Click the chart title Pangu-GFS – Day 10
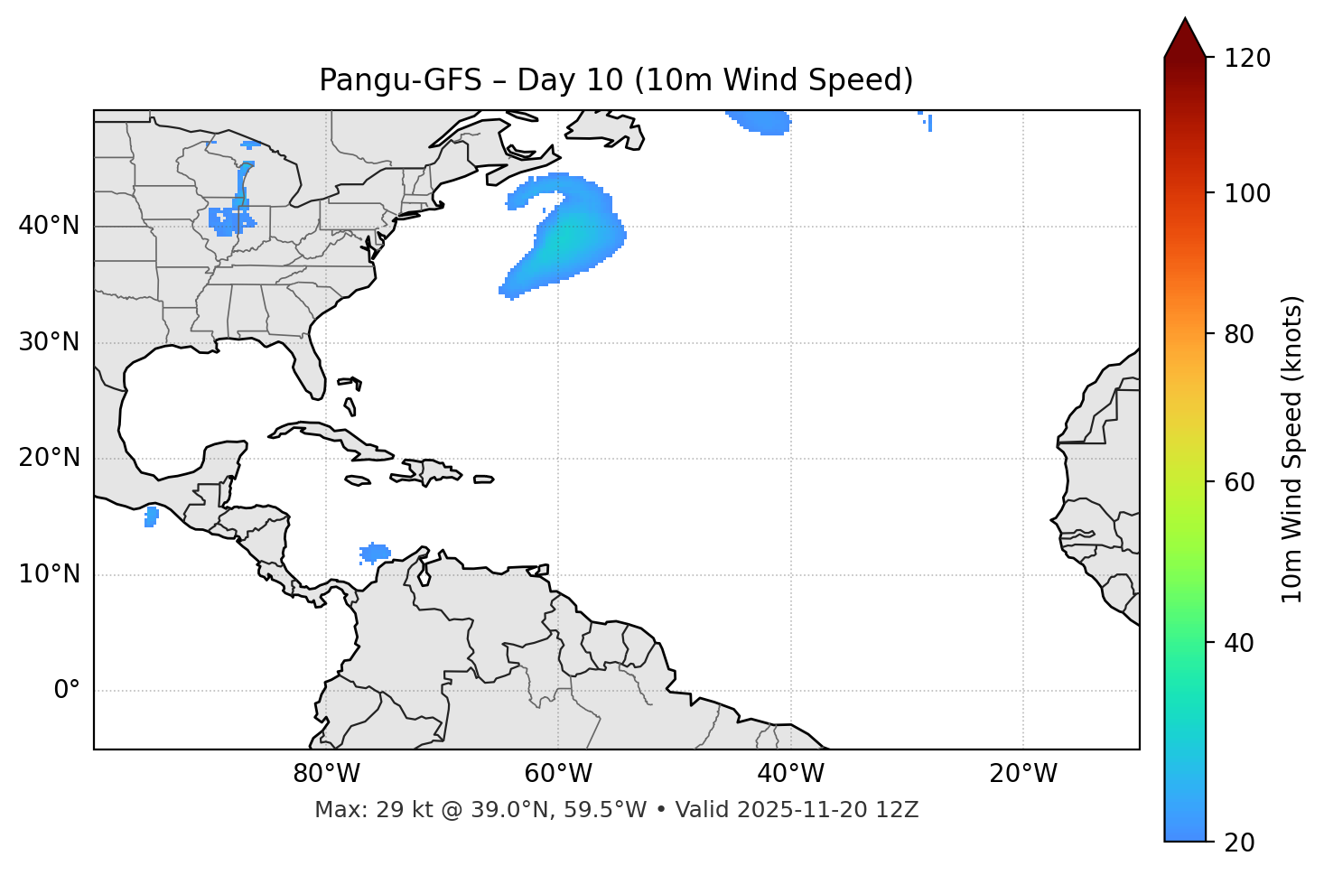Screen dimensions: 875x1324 616,80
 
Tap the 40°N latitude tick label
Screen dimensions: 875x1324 49,226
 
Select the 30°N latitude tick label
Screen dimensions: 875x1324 49,342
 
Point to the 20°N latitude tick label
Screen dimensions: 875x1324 49,458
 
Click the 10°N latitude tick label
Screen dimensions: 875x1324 49,574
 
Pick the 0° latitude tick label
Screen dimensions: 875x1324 67,691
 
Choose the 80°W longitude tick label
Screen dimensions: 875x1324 326,774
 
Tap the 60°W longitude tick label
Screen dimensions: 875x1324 558,774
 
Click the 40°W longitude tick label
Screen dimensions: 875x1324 790,774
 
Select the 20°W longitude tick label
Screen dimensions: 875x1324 1022,774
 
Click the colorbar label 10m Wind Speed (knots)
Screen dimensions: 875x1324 1292,450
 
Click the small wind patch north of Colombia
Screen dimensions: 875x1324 374,553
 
